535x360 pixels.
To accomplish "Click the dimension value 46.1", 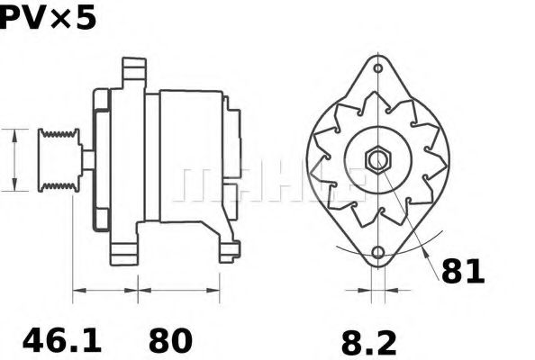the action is click(62, 340).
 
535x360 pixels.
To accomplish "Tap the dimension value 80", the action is click(170, 340).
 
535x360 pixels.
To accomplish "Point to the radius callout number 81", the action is click(463, 272).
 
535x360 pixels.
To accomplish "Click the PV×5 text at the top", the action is click(48, 18).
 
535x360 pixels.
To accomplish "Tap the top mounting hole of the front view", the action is click(377, 68).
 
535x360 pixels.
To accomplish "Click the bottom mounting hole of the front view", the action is click(378, 253).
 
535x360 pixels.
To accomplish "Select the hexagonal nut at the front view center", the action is click(378, 159).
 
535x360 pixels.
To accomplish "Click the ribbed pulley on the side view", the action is click(59, 160).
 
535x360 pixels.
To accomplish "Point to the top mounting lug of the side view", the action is click(134, 73).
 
